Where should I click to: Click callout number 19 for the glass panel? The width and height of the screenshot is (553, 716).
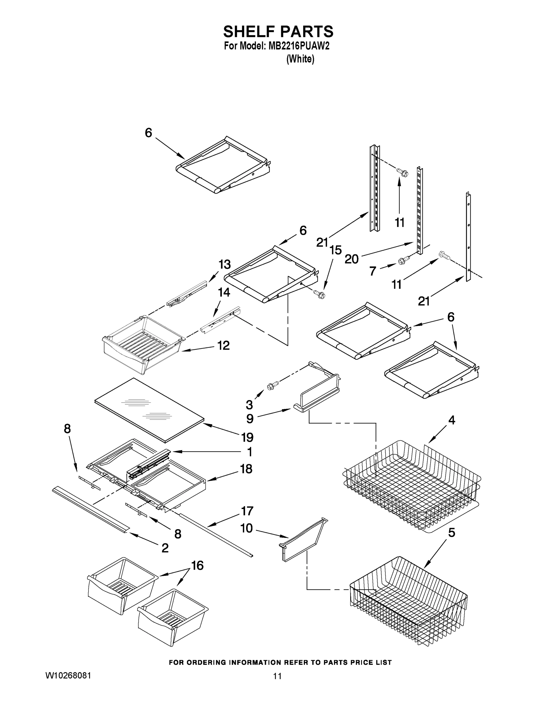[247, 437]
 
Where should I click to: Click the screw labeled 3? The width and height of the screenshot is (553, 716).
[272, 385]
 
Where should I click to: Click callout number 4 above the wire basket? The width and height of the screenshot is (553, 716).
[451, 420]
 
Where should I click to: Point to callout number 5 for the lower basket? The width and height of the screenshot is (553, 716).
[451, 533]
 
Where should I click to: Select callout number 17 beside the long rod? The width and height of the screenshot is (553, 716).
[247, 511]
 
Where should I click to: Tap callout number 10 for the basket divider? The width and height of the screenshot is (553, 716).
[246, 528]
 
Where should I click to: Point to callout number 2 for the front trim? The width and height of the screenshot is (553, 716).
[165, 547]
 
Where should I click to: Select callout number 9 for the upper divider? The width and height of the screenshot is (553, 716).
[250, 419]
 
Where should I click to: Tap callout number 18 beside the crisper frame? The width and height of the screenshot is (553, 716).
[246, 469]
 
